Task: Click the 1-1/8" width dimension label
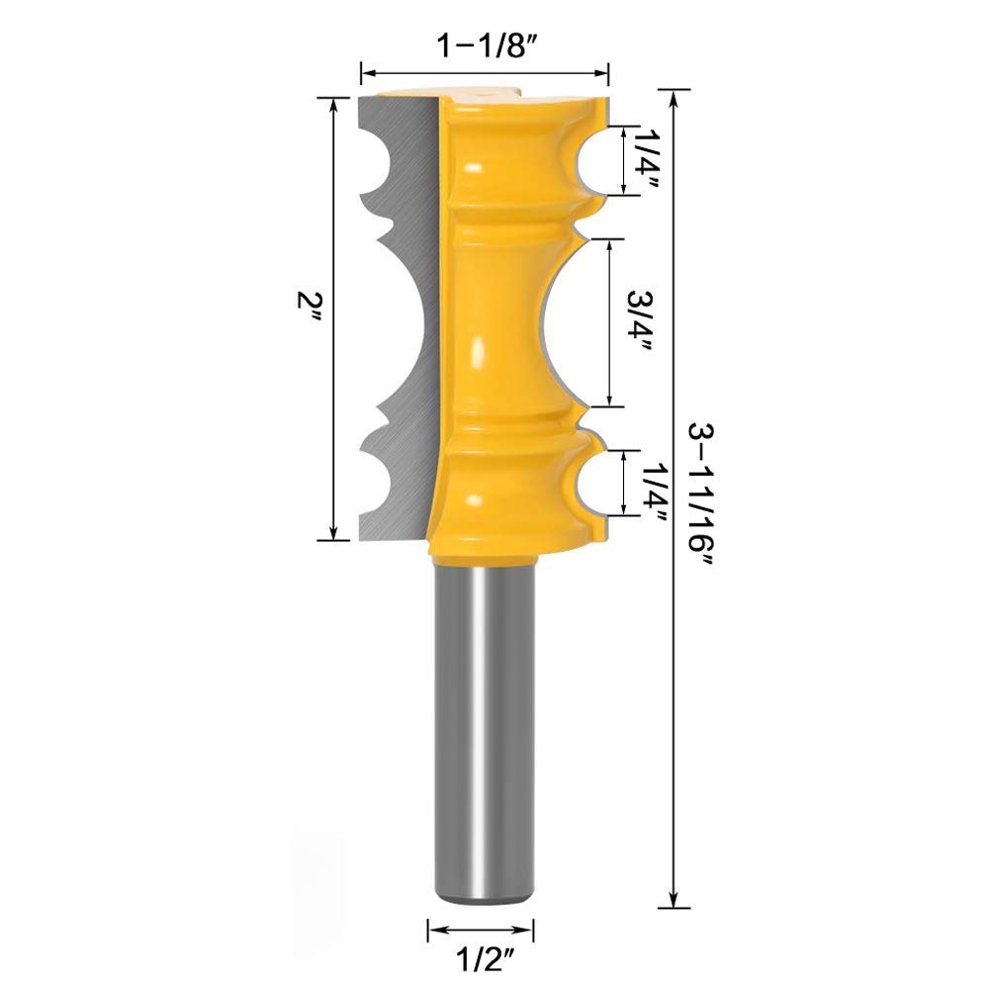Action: click(x=485, y=47)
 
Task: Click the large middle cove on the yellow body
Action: click(x=554, y=321)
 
